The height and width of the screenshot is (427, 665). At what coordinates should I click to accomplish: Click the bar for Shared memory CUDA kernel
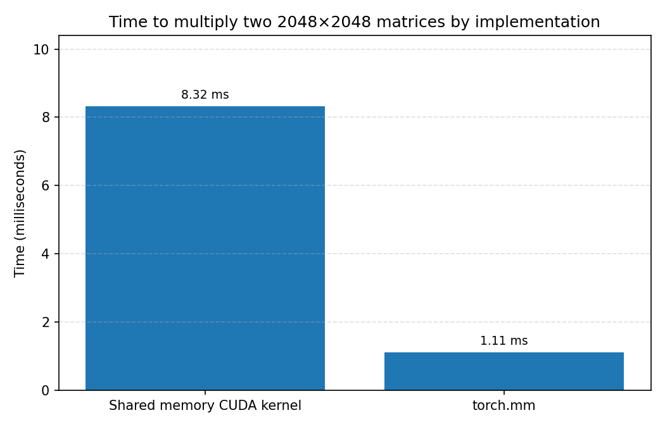205,248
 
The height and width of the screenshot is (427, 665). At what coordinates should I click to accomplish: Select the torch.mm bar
503,371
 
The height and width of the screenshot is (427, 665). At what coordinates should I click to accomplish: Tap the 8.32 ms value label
205,95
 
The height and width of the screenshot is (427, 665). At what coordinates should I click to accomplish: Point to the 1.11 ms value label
503,341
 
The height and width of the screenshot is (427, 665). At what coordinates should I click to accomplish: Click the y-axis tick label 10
41,49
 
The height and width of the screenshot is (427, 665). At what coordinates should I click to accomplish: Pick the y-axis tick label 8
45,117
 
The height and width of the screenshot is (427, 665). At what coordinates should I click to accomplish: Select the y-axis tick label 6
45,185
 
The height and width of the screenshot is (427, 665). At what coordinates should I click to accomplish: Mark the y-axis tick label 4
45,254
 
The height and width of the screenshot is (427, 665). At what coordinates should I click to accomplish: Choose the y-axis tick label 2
45,322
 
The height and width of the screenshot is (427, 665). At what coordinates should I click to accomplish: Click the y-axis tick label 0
45,390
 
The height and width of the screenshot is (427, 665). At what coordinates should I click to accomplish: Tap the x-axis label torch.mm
503,406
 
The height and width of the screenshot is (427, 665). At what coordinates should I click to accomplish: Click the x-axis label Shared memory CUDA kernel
205,406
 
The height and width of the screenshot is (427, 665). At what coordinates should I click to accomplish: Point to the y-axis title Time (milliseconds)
20,213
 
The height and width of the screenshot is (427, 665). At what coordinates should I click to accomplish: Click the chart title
354,22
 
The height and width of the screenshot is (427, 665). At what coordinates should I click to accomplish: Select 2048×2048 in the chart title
324,22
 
